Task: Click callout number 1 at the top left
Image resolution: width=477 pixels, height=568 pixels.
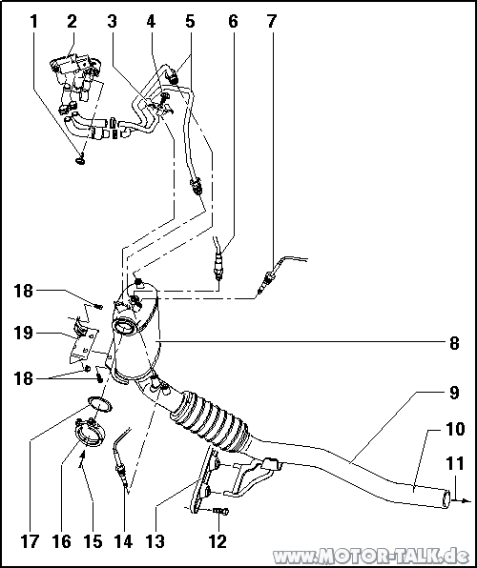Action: coord(33,21)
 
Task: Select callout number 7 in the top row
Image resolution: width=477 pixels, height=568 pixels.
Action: coord(271,21)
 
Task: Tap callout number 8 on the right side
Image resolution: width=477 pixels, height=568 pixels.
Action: coord(454,343)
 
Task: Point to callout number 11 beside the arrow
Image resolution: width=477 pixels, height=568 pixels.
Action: coord(455,464)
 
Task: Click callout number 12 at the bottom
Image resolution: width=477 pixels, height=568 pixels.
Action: coord(218,541)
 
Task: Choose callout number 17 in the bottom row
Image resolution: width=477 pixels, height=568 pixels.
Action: coord(30,541)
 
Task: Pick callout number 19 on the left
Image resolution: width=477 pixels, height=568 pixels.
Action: coord(24,333)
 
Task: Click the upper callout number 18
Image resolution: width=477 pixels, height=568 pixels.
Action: coord(24,291)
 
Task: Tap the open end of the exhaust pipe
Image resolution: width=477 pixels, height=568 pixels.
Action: coord(446,498)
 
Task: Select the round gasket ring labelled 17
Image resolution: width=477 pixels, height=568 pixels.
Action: coord(99,404)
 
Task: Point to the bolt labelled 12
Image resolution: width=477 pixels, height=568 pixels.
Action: coord(220,511)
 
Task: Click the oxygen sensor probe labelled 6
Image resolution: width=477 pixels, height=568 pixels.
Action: coord(218,260)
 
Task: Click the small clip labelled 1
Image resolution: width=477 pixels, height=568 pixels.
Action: coord(80,159)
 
